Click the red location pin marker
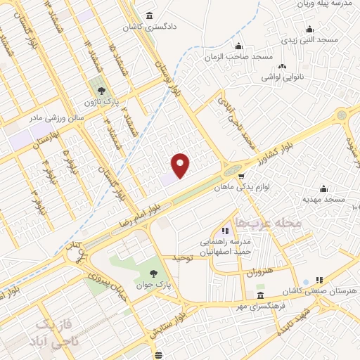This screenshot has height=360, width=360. click(x=181, y=164)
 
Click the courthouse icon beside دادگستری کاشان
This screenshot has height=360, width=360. click(x=149, y=16)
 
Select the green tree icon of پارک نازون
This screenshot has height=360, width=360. click(x=103, y=91)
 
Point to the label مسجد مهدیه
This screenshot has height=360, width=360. click(x=324, y=200)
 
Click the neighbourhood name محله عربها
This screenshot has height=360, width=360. click(x=270, y=223)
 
